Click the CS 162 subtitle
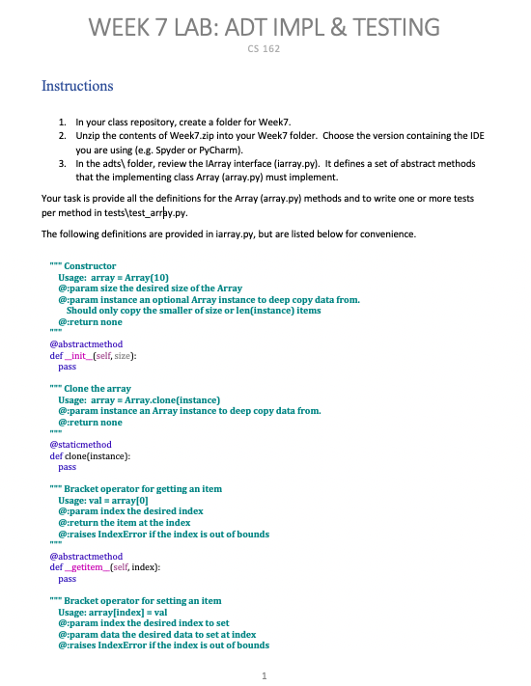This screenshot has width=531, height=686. click(x=265, y=48)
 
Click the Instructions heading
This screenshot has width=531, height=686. click(x=77, y=86)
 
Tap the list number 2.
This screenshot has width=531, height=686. click(x=61, y=137)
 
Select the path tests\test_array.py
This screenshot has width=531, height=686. click(x=144, y=212)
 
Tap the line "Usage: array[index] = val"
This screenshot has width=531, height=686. click(x=119, y=612)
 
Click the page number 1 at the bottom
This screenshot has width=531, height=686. click(x=265, y=674)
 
